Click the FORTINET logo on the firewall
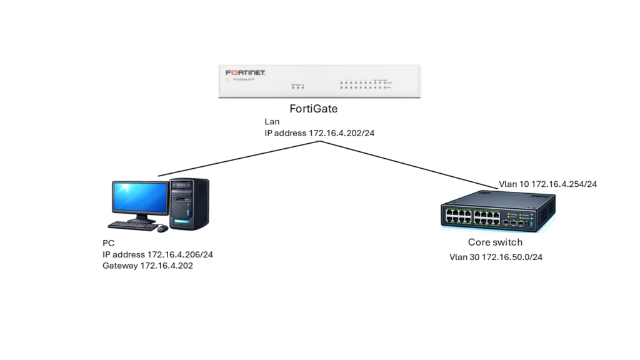(x=246, y=73)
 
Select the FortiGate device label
(x=314, y=109)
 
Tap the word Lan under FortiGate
(x=272, y=121)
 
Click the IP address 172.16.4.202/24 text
(x=319, y=133)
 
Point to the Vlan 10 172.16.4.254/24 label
(x=547, y=184)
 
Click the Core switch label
(x=495, y=242)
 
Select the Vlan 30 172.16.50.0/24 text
(x=496, y=257)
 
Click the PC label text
(x=109, y=242)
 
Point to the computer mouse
(x=162, y=229)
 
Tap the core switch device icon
(x=497, y=212)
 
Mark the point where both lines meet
(x=321, y=141)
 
